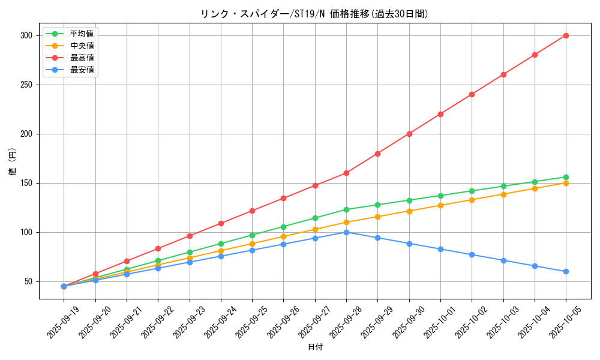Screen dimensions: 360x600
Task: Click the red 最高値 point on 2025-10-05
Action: pyautogui.click(x=566, y=35)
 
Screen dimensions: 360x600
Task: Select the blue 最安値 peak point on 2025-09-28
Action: pyautogui.click(x=346, y=232)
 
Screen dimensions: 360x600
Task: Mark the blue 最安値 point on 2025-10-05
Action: pyautogui.click(x=566, y=271)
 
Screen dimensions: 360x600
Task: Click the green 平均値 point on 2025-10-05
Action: pyautogui.click(x=566, y=177)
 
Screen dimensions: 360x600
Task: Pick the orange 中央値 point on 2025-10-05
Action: pyautogui.click(x=566, y=183)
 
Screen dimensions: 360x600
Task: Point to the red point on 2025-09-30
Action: pyautogui.click(x=409, y=134)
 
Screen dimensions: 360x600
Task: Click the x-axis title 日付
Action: pyautogui.click(x=315, y=347)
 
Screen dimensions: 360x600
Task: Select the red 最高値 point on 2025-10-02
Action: pyautogui.click(x=472, y=94)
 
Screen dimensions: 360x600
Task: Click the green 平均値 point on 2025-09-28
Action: pyautogui.click(x=346, y=209)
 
